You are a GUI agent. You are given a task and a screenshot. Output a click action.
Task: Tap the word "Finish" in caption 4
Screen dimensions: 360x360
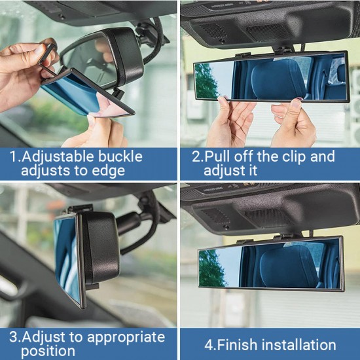pyautogui.click(x=242, y=345)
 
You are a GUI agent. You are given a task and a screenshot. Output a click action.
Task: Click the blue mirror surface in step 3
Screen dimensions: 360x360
pyautogui.click(x=65, y=255)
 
